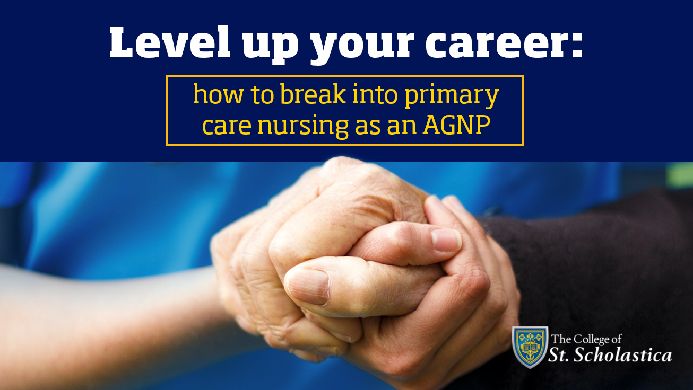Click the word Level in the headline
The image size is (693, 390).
(x=170, y=42)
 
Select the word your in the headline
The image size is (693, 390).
(x=362, y=48)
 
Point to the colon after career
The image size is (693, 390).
(x=576, y=46)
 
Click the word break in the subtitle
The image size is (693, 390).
(x=313, y=94)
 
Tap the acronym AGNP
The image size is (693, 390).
(x=457, y=125)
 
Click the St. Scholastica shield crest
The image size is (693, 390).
(x=530, y=347)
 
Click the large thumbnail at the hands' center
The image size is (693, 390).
(x=307, y=286)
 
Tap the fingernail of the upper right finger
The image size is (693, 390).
(x=446, y=240)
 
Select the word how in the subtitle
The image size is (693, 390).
(x=218, y=94)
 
